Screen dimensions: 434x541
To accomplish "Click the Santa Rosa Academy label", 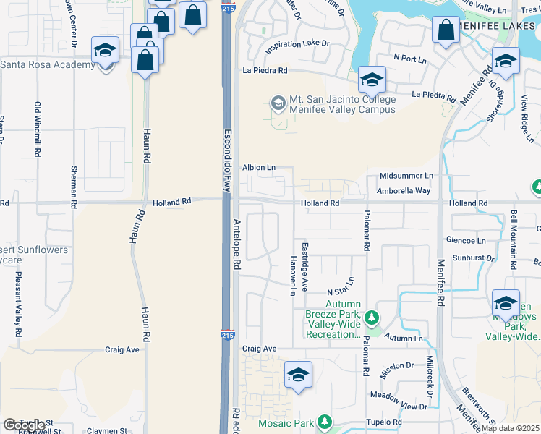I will coord(48,65).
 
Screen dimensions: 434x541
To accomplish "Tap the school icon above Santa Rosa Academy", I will coord(105,51).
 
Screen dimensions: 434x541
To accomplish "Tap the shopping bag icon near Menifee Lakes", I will coord(446,31).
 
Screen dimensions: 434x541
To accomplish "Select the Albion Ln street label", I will coord(258,167).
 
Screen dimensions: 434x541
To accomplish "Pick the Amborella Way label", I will coord(403,190).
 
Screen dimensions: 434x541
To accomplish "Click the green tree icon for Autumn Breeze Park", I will coord(371,318).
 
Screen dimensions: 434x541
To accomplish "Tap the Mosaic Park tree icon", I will coord(325,421).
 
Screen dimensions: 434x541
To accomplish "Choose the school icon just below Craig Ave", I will coord(298,375).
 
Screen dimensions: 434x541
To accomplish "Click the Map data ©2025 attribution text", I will coord(511,428).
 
